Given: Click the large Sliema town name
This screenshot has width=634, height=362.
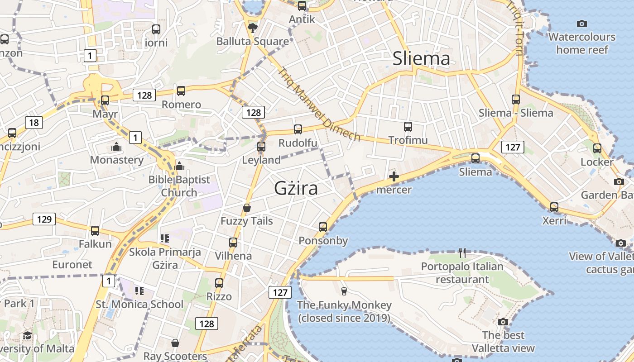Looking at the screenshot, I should (421, 59).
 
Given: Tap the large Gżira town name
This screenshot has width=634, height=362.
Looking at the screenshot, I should (296, 188).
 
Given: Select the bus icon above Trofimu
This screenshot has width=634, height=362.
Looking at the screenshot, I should (408, 127).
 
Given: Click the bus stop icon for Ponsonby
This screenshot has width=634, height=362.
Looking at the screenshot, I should (323, 227).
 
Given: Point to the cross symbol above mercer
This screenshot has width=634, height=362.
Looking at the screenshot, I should (394, 176).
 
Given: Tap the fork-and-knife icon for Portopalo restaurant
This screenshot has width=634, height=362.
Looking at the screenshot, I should (462, 252).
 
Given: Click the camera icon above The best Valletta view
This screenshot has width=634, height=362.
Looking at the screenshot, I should (503, 322).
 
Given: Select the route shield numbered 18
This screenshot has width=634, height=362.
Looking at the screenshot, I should (34, 122).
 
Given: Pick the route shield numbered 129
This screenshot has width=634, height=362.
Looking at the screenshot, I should (44, 219).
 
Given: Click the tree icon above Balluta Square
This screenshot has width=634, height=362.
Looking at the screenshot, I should (252, 28).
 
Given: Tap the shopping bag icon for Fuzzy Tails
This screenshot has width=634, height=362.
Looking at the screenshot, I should (247, 208).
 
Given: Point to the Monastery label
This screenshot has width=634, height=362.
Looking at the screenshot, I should (116, 160).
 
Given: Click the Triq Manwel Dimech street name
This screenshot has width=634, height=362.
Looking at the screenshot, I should (319, 105).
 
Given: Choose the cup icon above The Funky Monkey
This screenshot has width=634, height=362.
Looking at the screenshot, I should (344, 291).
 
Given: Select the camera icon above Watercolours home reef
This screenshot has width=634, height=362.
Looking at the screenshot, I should (582, 24).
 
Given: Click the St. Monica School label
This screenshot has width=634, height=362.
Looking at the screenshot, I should (139, 304).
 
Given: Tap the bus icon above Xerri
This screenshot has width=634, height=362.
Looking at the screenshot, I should (554, 207).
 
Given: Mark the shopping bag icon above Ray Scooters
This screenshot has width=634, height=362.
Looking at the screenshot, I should (175, 343).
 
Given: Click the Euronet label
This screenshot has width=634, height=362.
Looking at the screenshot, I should (72, 264).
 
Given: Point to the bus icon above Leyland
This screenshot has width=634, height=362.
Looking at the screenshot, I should (261, 146).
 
